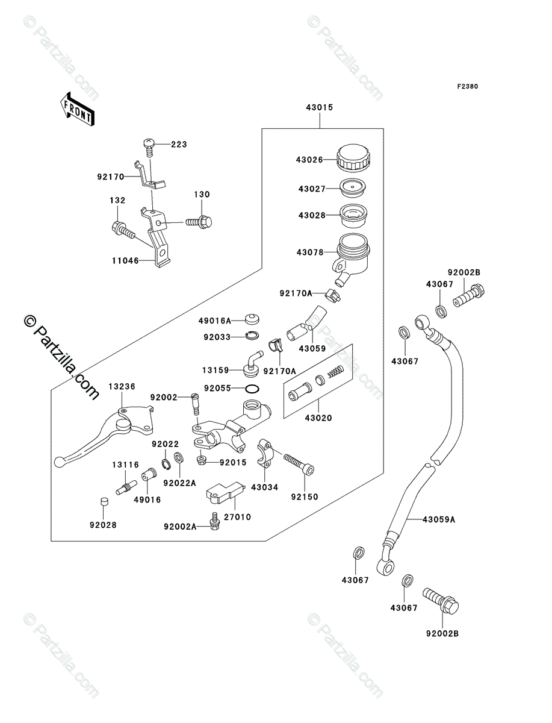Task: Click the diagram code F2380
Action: [467, 86]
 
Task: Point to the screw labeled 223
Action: [148, 143]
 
